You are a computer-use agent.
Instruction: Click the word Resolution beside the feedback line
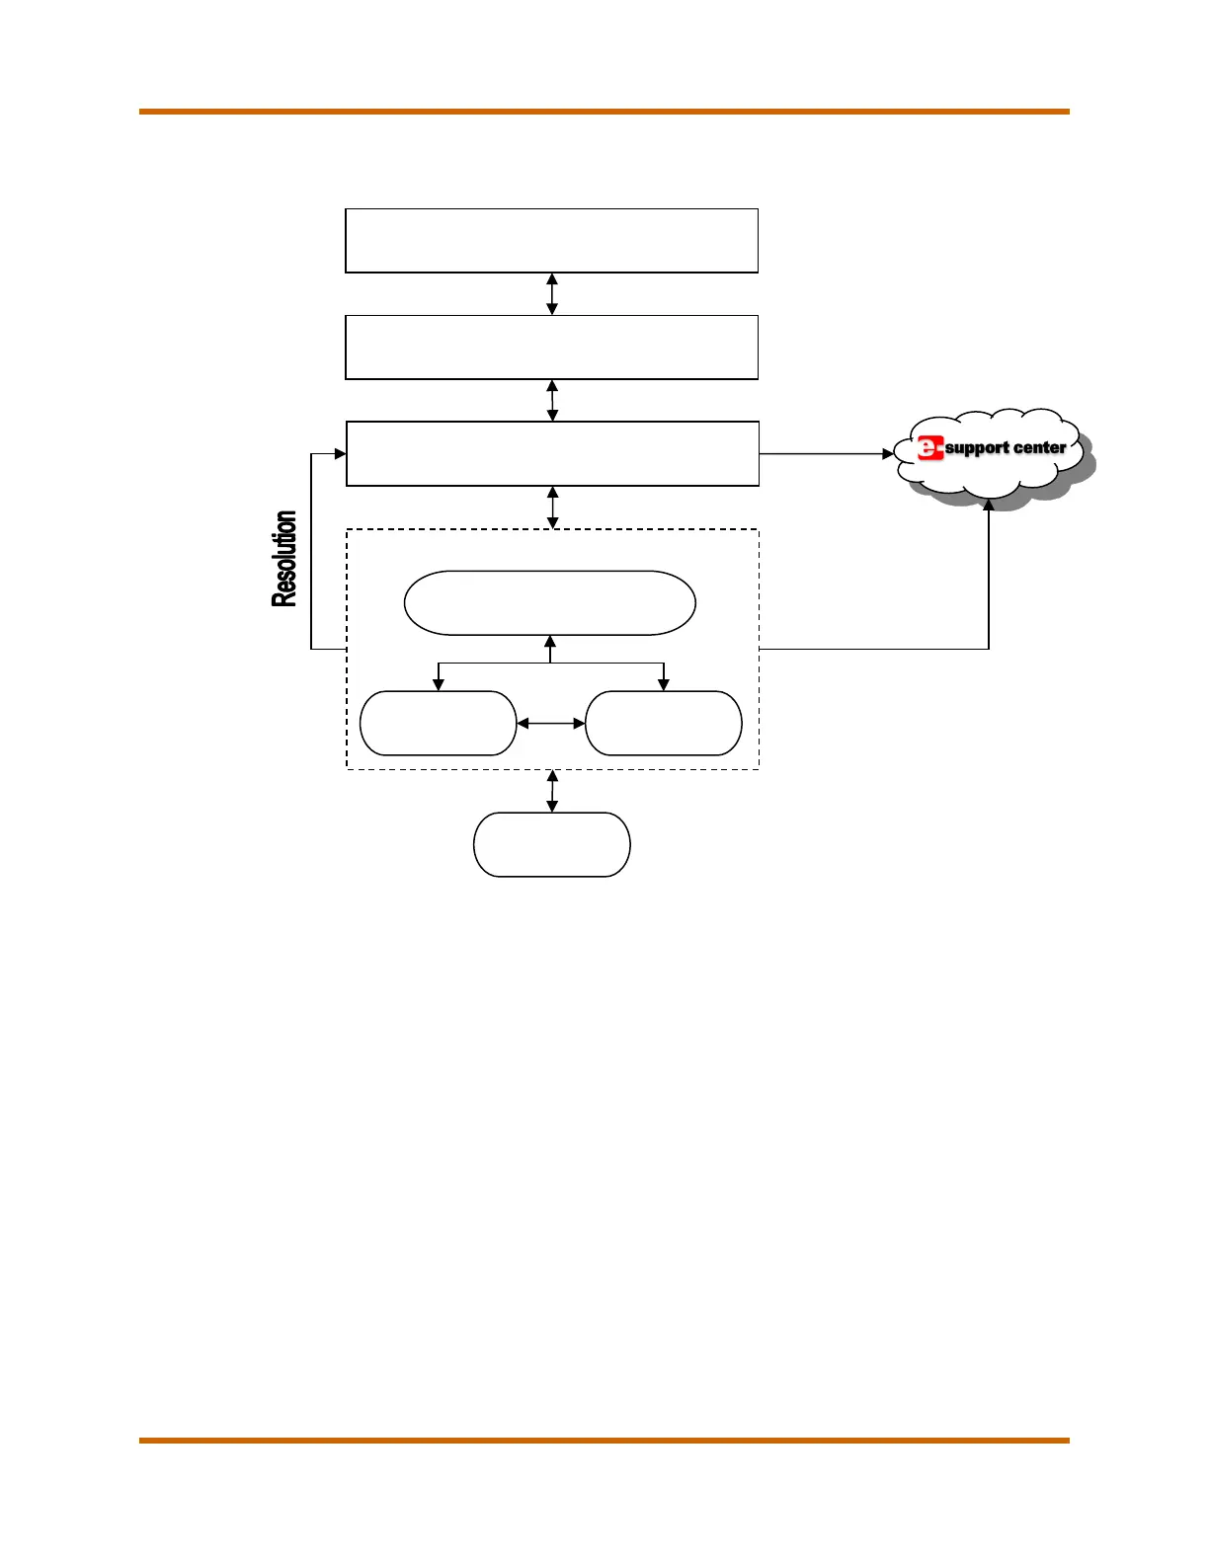click(x=284, y=559)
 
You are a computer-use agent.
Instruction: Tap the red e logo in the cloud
click(x=929, y=448)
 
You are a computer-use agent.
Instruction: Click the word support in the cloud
click(x=977, y=448)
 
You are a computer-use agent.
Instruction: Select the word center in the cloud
click(x=1039, y=447)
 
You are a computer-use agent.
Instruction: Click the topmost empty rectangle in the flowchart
click(x=551, y=240)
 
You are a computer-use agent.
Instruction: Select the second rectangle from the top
click(x=551, y=347)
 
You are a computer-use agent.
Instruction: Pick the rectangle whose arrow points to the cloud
click(x=551, y=453)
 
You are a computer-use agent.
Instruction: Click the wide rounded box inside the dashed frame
click(x=549, y=602)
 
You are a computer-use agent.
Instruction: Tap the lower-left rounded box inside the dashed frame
click(x=438, y=724)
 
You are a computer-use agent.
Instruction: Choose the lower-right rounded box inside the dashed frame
click(x=663, y=724)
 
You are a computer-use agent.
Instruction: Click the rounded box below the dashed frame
click(x=551, y=844)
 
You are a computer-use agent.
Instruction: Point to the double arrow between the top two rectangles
click(x=552, y=294)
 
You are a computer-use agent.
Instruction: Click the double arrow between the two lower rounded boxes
click(x=550, y=724)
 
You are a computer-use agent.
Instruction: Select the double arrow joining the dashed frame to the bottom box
click(x=552, y=791)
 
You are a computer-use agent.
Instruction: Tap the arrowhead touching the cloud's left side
click(x=887, y=454)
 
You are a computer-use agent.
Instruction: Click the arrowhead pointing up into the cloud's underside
click(x=989, y=506)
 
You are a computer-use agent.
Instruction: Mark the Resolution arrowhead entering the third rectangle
click(x=340, y=454)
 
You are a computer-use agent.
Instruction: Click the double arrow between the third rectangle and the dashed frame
click(x=552, y=508)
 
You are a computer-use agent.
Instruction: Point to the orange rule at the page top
click(x=604, y=112)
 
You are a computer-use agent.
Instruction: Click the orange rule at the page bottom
click(x=604, y=1441)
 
